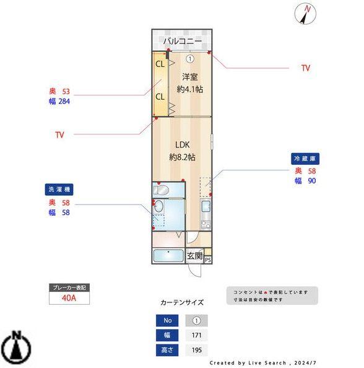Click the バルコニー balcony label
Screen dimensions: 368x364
click(x=183, y=42)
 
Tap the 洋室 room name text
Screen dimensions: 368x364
click(x=189, y=77)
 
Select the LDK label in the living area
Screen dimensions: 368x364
click(x=182, y=147)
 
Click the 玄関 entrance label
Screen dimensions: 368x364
click(x=194, y=255)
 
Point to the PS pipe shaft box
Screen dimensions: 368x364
click(x=207, y=260)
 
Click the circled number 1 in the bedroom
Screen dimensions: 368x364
click(x=190, y=59)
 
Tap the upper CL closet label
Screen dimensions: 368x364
click(x=160, y=64)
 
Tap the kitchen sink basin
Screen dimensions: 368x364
click(x=206, y=207)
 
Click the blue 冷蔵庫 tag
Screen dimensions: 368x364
click(x=305, y=159)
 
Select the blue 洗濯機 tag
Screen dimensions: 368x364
click(x=59, y=189)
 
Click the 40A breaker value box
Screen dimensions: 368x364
click(x=69, y=297)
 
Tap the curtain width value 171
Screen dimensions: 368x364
click(x=196, y=335)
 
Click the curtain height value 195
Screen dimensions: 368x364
click(x=196, y=350)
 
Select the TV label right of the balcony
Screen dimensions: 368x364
click(x=305, y=68)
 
